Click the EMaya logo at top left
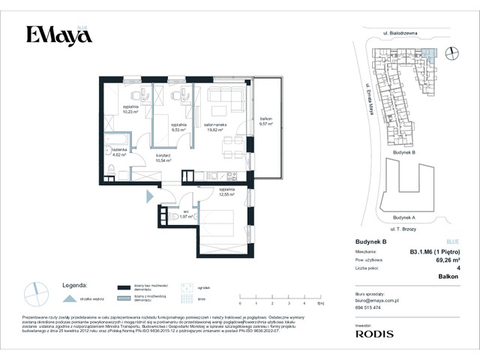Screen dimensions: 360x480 click(x=55, y=34)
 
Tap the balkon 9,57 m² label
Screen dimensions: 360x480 click(x=266, y=122)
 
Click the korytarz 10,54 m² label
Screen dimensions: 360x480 click(x=163, y=157)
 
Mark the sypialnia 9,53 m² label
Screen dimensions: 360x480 click(x=178, y=127)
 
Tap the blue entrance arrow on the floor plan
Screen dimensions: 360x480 click(x=150, y=196)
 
